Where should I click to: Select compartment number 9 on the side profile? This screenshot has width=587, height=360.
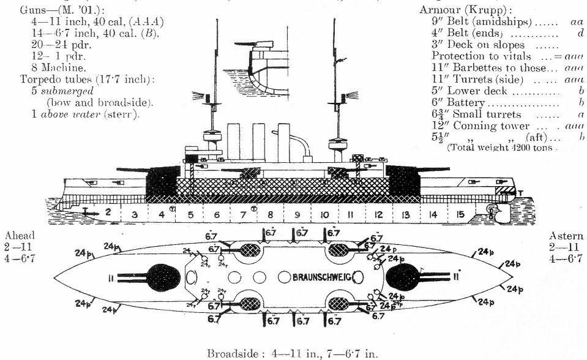[x=297, y=214]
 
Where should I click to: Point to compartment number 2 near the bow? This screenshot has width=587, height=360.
[x=107, y=212]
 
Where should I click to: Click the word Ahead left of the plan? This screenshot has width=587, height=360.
[x=20, y=236]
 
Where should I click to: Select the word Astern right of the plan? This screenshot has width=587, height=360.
[x=565, y=236]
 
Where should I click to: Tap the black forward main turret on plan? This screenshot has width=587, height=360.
[x=163, y=277]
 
